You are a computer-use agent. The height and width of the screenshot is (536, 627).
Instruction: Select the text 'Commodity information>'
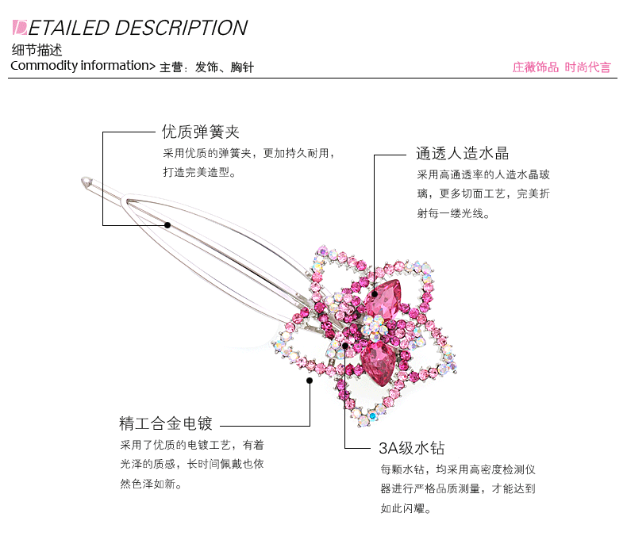coord(83,66)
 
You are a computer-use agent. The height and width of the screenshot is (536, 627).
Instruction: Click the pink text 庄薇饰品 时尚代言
coord(561,67)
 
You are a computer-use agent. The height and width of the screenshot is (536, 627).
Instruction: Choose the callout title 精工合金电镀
coord(166,422)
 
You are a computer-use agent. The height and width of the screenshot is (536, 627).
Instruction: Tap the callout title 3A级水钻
coord(411,447)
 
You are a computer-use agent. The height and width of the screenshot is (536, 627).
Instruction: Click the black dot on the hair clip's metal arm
coord(168,224)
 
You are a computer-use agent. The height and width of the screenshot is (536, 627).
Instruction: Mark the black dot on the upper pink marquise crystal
coord(375,293)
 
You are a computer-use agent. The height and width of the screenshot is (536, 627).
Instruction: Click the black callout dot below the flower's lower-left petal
coord(310,381)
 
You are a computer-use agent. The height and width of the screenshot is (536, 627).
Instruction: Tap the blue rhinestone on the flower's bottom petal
coord(372,414)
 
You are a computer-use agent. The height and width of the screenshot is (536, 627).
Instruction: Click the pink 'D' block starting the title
coord(21,28)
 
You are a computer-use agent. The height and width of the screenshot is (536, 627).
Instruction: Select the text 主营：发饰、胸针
coord(206,67)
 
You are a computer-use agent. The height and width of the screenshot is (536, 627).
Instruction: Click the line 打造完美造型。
coord(199,172)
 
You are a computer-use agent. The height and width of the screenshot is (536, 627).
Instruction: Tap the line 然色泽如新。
coord(151,484)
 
